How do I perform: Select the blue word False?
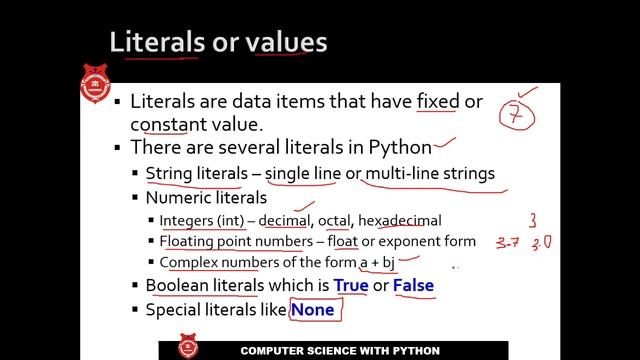413,285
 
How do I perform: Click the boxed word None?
312,310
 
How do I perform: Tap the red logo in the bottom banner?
185,350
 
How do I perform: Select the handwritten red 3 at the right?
534,219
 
